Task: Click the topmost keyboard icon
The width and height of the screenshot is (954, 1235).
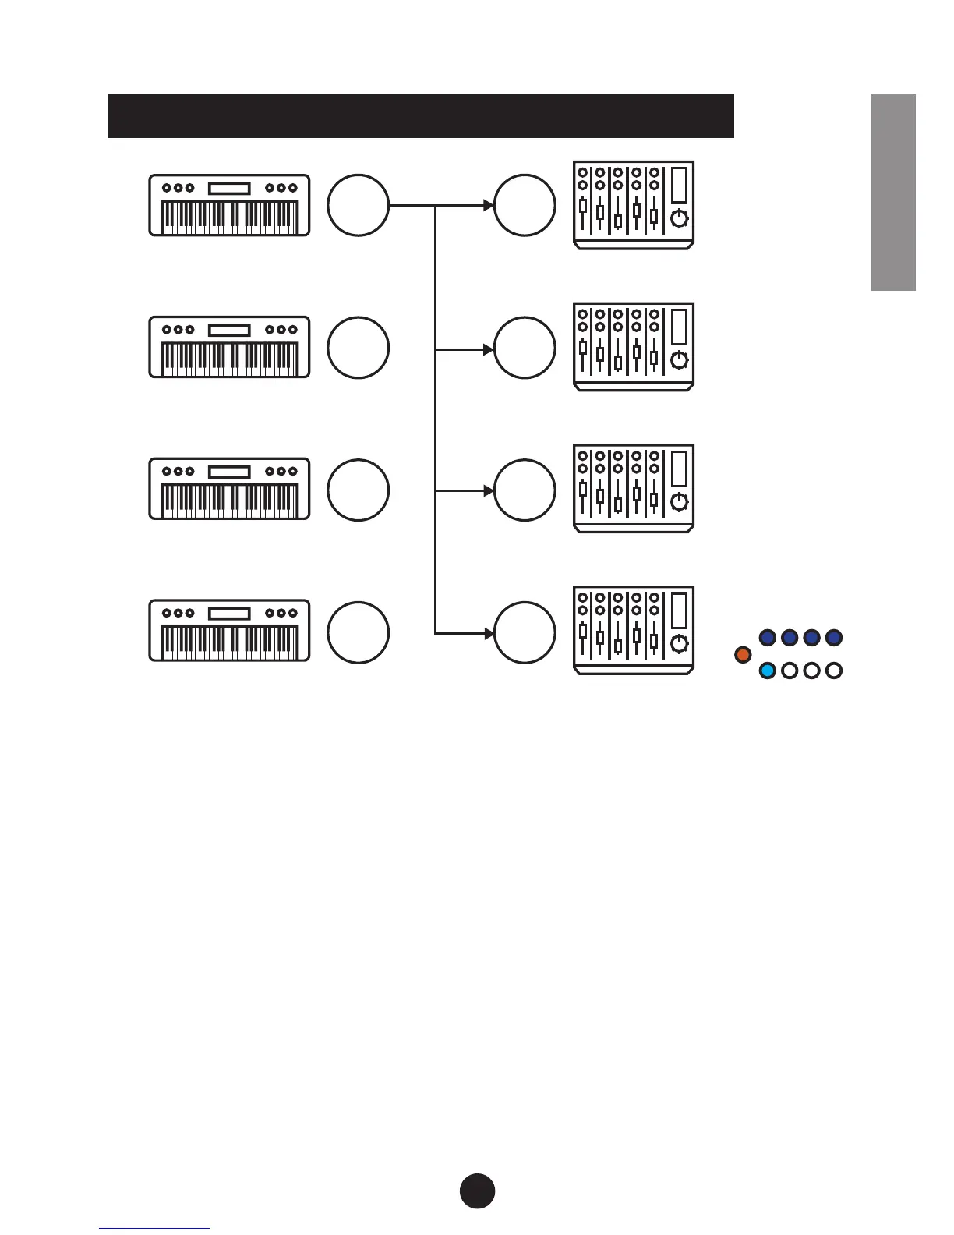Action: click(229, 205)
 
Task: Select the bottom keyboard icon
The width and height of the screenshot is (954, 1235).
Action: click(229, 631)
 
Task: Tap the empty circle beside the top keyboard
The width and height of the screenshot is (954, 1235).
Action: click(358, 205)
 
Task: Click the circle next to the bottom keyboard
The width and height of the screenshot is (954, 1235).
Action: click(358, 632)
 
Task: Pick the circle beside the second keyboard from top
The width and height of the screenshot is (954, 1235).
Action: click(358, 347)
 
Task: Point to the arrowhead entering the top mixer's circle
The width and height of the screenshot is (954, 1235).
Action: click(489, 205)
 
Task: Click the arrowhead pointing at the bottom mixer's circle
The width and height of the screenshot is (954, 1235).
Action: click(489, 632)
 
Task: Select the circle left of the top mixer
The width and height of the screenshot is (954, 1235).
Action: click(525, 205)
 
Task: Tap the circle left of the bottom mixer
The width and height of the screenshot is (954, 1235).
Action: click(525, 632)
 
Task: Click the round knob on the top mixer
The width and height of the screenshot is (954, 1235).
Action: click(680, 218)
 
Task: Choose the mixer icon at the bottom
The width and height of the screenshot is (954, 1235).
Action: click(634, 630)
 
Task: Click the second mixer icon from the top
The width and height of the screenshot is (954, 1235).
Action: click(634, 347)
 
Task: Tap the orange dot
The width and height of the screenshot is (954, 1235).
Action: click(743, 654)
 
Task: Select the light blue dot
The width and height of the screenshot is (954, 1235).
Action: click(768, 671)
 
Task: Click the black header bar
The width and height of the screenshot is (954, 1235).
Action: click(421, 115)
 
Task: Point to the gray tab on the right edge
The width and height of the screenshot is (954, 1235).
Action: click(893, 193)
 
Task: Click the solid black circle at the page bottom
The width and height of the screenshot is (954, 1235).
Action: click(477, 1191)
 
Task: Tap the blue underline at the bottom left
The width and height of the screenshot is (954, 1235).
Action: click(154, 1228)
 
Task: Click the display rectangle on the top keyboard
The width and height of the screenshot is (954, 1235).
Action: click(229, 188)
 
